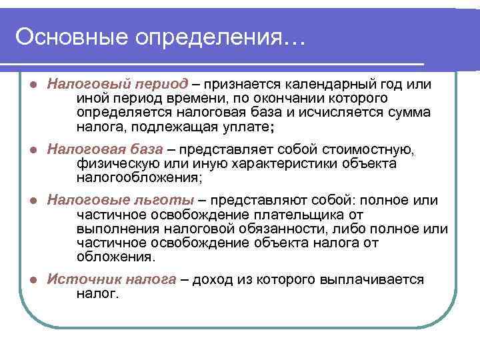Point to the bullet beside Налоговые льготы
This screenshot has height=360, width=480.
33,200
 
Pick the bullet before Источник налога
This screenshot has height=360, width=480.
33,280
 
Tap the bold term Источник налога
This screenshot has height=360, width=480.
111,280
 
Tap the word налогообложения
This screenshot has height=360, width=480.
137,177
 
